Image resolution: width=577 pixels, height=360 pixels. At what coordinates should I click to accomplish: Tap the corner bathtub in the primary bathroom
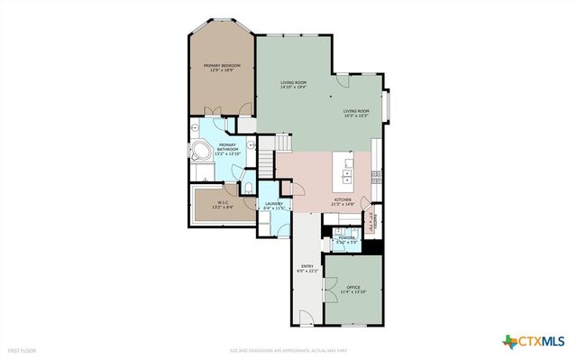click(x=199, y=152)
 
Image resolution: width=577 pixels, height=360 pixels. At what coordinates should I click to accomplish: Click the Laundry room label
click(x=273, y=206)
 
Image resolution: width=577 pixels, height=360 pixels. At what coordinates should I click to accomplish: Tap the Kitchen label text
click(x=345, y=202)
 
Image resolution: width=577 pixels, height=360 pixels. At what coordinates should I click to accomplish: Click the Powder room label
click(x=347, y=240)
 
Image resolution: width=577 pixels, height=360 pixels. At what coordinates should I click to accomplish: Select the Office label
click(x=353, y=291)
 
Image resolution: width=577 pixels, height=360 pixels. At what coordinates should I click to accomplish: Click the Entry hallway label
click(x=307, y=269)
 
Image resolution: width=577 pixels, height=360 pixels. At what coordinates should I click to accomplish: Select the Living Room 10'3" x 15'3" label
click(x=355, y=114)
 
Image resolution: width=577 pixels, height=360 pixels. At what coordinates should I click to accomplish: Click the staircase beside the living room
click(x=266, y=163)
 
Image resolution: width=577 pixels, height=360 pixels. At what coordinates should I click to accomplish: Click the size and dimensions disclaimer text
click(x=288, y=350)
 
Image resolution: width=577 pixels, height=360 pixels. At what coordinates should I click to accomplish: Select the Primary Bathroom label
click(x=227, y=148)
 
